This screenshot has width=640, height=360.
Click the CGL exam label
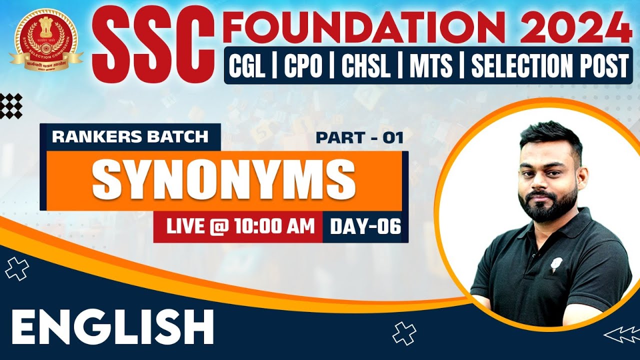pos(246,66)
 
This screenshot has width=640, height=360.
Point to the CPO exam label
pos(303,66)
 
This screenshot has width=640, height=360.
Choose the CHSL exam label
pos(365,66)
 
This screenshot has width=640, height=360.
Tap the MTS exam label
pos(431,66)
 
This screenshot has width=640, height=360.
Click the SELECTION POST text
pos(549,66)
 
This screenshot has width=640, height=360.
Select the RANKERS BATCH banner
pos(130,136)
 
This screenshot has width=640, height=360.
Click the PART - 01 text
pos(359,137)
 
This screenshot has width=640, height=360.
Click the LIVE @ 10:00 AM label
pos(240,226)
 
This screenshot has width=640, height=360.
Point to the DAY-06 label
pos(365,227)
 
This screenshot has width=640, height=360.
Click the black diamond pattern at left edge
pos(10,105)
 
